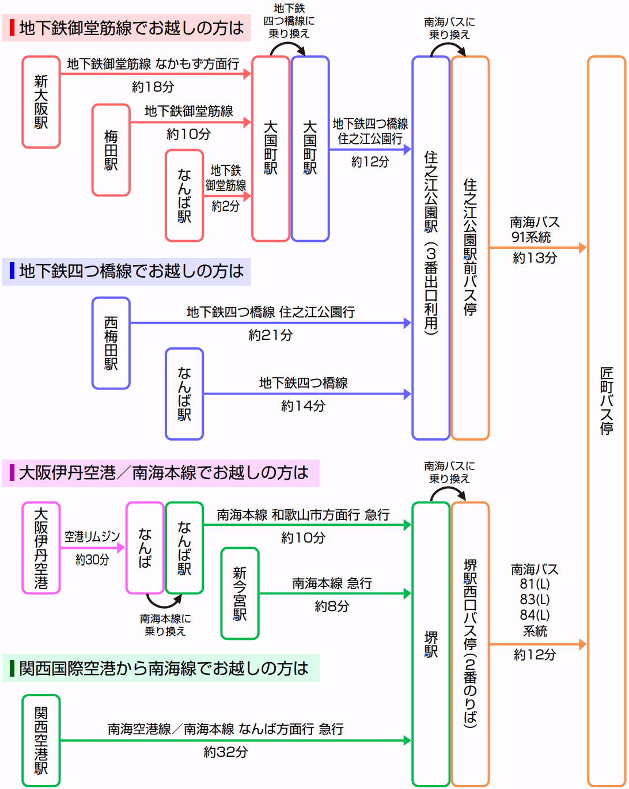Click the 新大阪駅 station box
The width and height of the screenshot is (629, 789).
pyautogui.click(x=41, y=102)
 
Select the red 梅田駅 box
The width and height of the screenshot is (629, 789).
pyautogui.click(x=111, y=150)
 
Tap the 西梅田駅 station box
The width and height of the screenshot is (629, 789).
pyautogui.click(x=111, y=343)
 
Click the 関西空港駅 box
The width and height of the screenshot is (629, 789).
pyautogui.click(x=41, y=741)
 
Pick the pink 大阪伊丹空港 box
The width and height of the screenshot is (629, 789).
pyautogui.click(x=41, y=548)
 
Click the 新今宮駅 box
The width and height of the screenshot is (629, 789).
pyautogui.click(x=240, y=593)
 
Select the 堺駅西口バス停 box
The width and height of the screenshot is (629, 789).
pyautogui.click(x=470, y=643)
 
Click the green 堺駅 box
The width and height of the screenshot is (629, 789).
pyautogui.click(x=430, y=643)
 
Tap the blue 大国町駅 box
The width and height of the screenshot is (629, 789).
pyautogui.click(x=310, y=148)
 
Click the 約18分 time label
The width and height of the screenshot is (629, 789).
pyautogui.click(x=153, y=87)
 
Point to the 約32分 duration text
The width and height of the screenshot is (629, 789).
pyautogui.click(x=225, y=752)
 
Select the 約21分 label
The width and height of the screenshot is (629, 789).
pyautogui.click(x=270, y=335)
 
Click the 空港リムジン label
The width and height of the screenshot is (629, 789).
pyautogui.click(x=92, y=537)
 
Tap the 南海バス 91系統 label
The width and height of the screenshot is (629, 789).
pyautogui.click(x=534, y=229)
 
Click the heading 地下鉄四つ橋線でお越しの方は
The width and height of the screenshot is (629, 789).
pyautogui.click(x=131, y=271)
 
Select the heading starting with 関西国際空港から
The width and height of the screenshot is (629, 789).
pyautogui.click(x=164, y=668)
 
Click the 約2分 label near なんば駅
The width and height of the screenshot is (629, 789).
pyautogui.click(x=225, y=206)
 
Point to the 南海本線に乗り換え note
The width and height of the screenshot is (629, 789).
pyautogui.click(x=165, y=625)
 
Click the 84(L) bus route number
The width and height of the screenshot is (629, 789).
pyautogui.click(x=535, y=614)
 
